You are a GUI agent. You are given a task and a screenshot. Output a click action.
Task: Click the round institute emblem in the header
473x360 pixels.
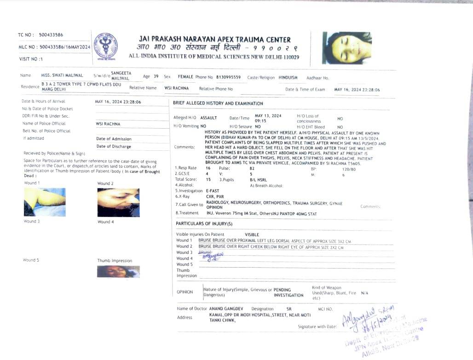(x=105, y=46)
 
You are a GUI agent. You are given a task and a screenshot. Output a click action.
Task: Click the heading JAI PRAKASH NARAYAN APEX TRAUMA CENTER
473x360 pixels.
(x=214, y=40)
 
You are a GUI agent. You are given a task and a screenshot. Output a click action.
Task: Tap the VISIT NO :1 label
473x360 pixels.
(x=31, y=59)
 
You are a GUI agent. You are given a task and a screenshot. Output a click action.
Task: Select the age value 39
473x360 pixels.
(x=156, y=76)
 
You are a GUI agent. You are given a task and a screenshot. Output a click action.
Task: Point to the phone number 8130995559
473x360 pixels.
(x=229, y=77)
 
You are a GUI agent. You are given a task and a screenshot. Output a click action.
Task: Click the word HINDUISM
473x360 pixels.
(x=288, y=78)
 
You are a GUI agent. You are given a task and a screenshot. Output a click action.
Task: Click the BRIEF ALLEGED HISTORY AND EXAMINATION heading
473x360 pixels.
(x=218, y=103)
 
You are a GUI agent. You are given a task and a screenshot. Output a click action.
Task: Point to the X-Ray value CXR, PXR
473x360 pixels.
(x=214, y=196)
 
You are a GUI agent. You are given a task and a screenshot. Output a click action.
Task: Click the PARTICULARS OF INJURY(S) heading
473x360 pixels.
(x=204, y=223)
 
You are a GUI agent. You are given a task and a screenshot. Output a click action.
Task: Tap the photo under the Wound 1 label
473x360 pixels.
(x=45, y=201)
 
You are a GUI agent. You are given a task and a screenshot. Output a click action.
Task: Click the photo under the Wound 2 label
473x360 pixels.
(x=118, y=202)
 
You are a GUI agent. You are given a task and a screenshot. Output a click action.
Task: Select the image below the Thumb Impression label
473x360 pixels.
(x=118, y=271)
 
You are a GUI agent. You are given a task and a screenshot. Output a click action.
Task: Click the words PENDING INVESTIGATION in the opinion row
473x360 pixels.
(x=288, y=292)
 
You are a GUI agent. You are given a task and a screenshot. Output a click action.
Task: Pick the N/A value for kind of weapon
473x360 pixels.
(x=364, y=292)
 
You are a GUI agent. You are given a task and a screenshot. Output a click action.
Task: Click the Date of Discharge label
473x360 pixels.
(x=114, y=146)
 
